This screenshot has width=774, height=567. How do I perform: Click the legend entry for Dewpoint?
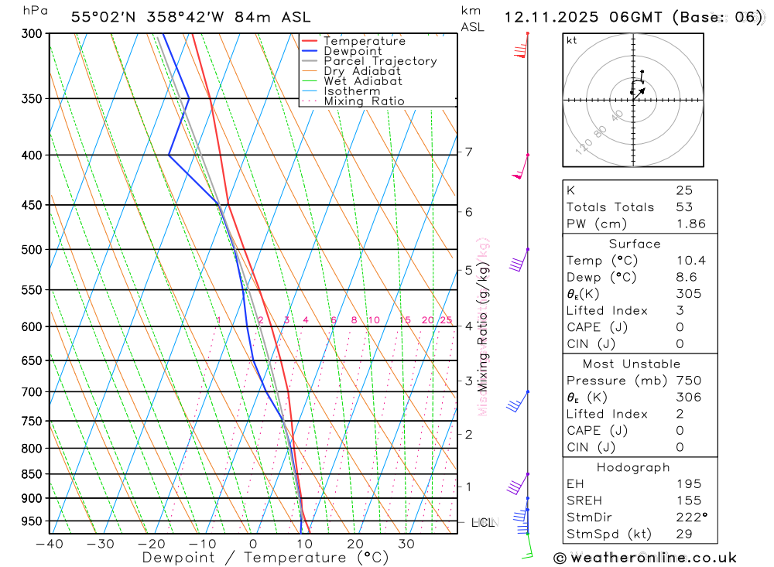click(x=353, y=51)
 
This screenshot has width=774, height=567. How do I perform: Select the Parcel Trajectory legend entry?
click(x=380, y=61)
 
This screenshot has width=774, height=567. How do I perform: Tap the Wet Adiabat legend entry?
click(x=363, y=80)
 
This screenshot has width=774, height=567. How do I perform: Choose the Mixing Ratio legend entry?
click(x=364, y=101)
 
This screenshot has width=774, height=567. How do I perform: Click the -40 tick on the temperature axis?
click(x=49, y=544)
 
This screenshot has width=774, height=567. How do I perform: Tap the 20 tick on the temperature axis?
click(x=355, y=544)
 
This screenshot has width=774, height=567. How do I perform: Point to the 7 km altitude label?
click(x=469, y=152)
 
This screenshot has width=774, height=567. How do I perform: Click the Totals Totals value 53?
click(x=684, y=207)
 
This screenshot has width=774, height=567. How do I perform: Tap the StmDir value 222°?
click(x=688, y=517)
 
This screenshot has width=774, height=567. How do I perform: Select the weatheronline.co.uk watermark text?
click(x=645, y=557)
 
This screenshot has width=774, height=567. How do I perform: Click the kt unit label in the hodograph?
click(x=571, y=40)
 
